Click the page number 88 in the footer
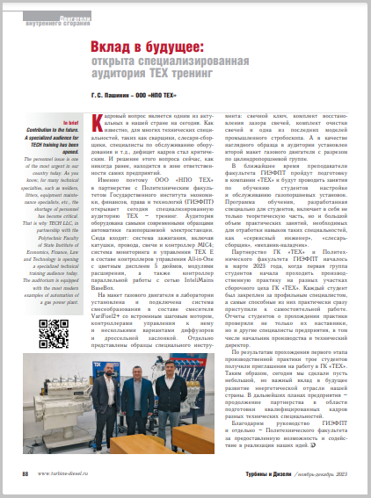(25, 471)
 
